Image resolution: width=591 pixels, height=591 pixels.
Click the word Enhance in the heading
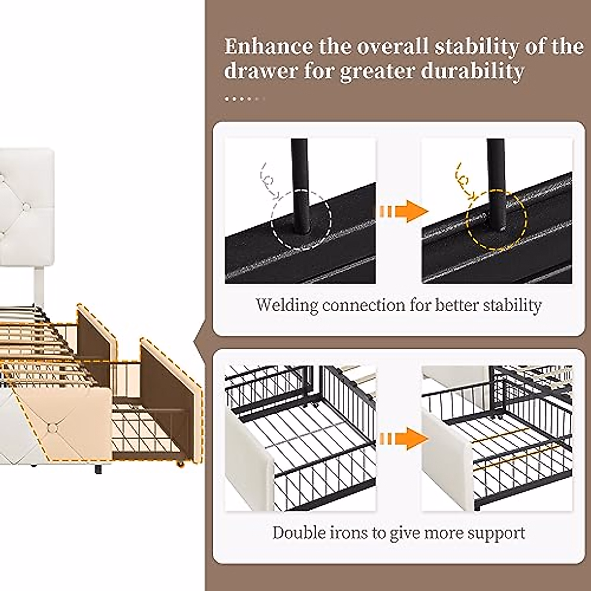pyautogui.click(x=268, y=47)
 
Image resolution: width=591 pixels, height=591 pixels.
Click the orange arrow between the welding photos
pyautogui.click(x=400, y=212)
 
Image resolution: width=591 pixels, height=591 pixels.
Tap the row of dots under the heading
pyautogui.click(x=244, y=99)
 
